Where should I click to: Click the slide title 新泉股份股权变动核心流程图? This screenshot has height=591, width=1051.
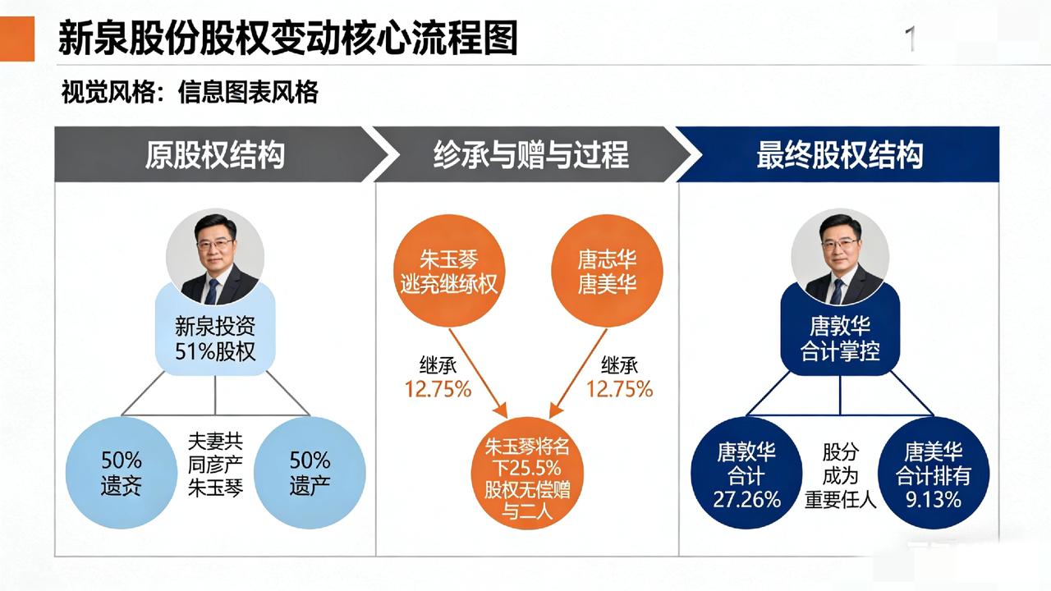tap(287, 39)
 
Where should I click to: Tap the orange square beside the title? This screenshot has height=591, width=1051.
tap(17, 39)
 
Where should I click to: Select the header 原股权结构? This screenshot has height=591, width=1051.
tap(214, 154)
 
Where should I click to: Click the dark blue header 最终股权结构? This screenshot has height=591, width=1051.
tap(839, 154)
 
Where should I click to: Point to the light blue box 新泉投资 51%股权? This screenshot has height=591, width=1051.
tap(215, 339)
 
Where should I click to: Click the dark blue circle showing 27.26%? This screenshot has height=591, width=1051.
tap(747, 474)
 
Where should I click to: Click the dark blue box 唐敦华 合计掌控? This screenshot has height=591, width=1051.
tap(839, 339)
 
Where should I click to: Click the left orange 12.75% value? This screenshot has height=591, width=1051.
tap(438, 388)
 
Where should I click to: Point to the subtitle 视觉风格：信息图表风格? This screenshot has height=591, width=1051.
tap(190, 93)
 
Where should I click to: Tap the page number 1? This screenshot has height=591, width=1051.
tap(910, 39)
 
